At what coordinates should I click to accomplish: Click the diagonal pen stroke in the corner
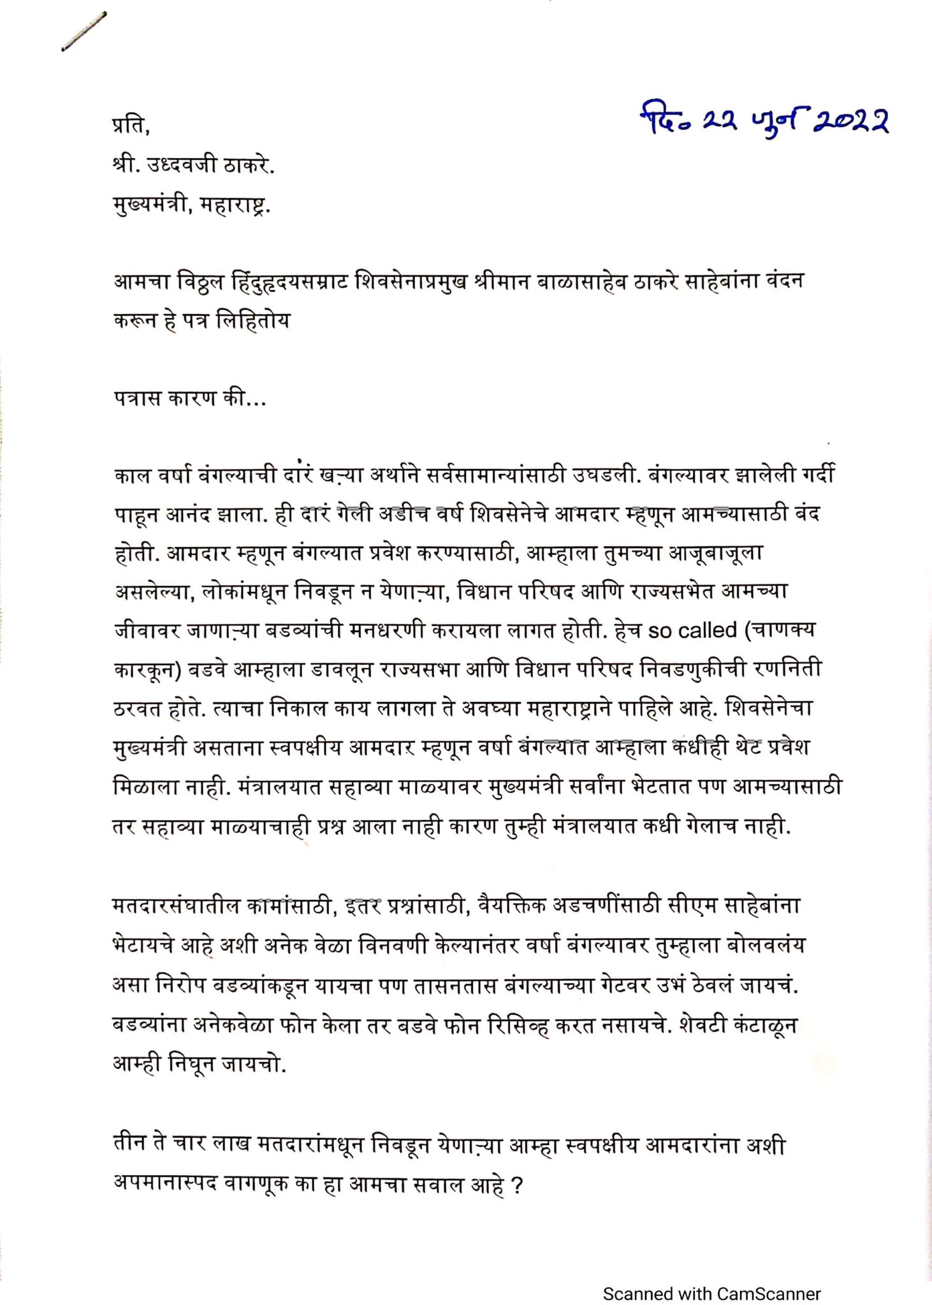pos(84,31)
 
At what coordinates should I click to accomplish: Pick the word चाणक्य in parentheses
pos(783,630)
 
